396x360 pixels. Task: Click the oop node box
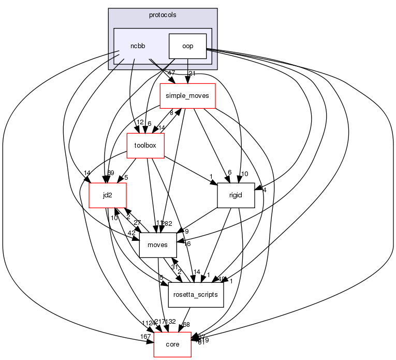coord(187,46)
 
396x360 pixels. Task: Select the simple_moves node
coord(187,97)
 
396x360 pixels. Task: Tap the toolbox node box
coord(145,146)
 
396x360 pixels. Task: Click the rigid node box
coord(236,195)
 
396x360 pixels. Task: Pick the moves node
coord(158,245)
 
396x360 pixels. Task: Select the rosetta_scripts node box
coord(196,294)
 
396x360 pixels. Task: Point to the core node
coord(172,344)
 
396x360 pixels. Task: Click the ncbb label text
coord(138,46)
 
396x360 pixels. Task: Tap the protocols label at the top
coord(163,15)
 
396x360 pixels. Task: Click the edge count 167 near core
coord(145,337)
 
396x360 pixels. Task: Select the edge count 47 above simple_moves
coord(171,73)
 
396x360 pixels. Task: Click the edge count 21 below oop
coord(192,73)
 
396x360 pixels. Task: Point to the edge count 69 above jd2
coord(111,172)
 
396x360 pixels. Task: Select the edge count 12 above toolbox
coord(140,122)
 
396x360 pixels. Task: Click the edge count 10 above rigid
coord(245,173)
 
